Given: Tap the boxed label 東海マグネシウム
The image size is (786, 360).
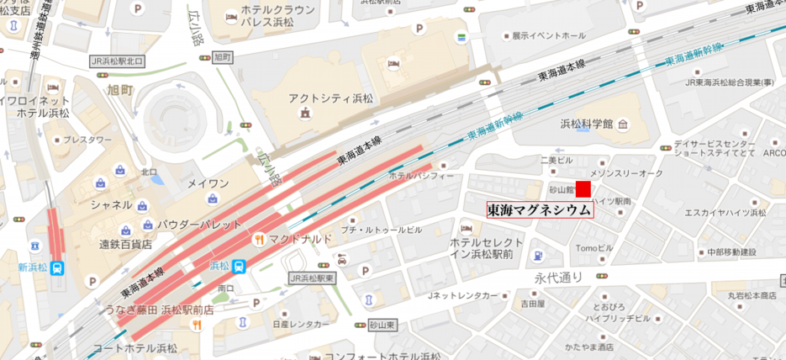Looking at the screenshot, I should click(539, 210).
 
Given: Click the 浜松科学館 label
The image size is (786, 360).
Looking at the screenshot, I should click(587, 124).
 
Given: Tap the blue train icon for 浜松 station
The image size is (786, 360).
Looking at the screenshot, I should click(240, 266).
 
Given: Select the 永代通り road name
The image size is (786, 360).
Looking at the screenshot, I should click(558, 275).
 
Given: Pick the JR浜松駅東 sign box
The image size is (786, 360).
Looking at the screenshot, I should click(311, 278).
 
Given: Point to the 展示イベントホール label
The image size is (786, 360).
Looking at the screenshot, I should click(543, 36).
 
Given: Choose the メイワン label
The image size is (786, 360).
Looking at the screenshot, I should click(207, 183).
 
